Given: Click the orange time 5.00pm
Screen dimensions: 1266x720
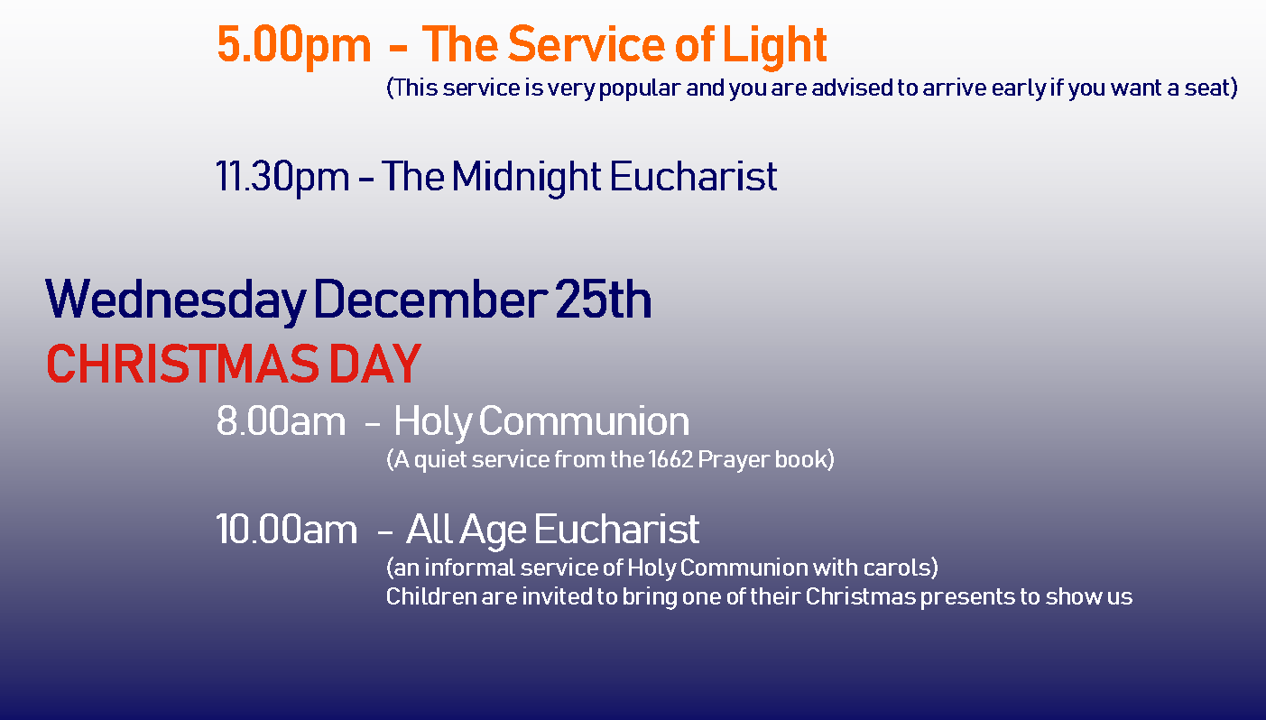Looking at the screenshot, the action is [294, 45].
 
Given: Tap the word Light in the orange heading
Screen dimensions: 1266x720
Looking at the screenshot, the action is [775, 45].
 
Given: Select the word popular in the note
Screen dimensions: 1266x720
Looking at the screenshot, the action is [640, 88].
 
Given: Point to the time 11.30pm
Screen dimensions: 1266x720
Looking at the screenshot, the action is [283, 177].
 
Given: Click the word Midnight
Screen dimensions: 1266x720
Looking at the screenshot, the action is [526, 177].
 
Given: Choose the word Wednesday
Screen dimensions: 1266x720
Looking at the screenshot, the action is [176, 300].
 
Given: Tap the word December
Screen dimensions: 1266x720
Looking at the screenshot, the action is [430, 299].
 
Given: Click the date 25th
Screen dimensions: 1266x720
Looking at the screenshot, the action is [603, 299].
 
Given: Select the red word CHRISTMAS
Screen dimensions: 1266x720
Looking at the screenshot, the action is [183, 365].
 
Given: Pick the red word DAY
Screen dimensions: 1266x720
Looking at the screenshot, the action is [374, 365].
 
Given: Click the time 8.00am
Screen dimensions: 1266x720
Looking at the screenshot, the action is [281, 421].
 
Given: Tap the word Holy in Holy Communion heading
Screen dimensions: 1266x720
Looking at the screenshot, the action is [433, 422].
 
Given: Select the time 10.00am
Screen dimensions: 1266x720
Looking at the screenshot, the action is [287, 531].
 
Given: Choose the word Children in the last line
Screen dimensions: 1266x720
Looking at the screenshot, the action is [431, 596].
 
